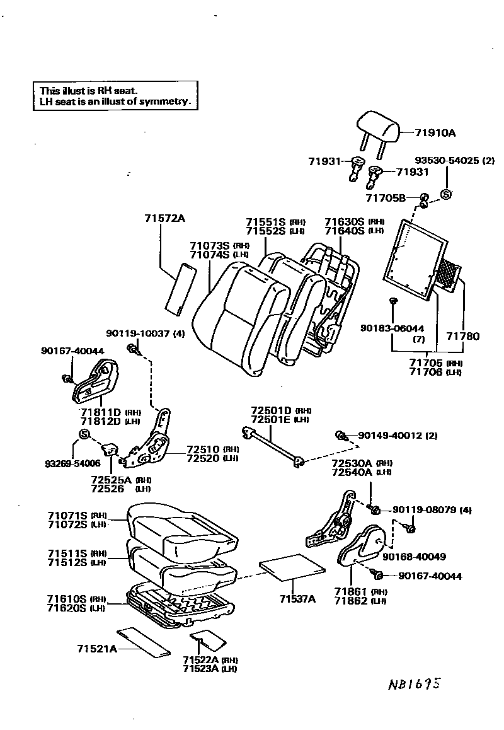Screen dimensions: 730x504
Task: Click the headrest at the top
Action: [379, 129]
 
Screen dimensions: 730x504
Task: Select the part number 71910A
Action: [435, 133]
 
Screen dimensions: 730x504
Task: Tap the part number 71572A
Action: [164, 218]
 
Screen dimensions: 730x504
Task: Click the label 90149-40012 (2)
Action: [398, 436]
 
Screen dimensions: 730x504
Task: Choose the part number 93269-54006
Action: [71, 463]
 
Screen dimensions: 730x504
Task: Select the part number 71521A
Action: [97, 649]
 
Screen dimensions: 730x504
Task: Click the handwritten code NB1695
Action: [413, 685]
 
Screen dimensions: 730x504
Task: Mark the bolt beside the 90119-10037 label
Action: [132, 348]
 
